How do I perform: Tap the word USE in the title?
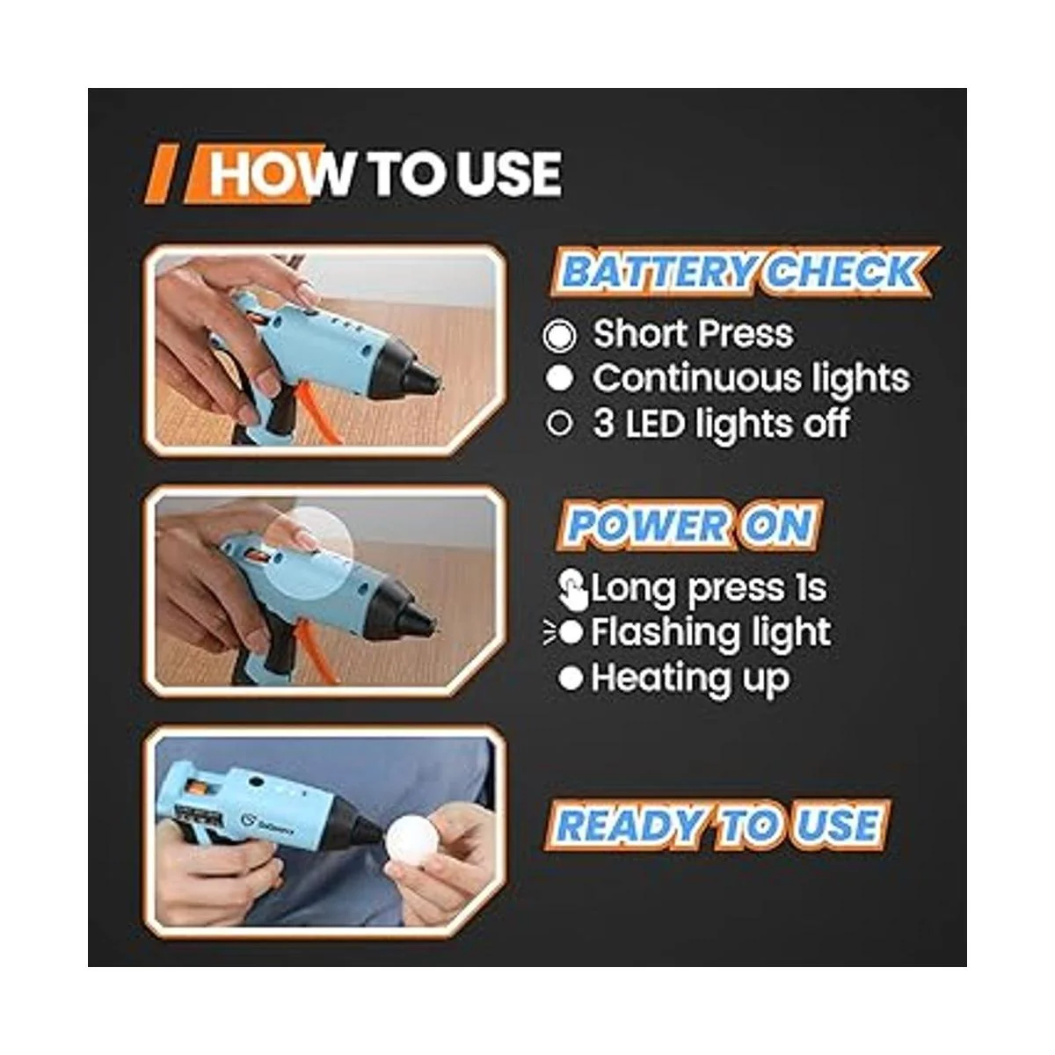pyautogui.click(x=509, y=173)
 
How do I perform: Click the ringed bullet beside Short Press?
pyautogui.click(x=559, y=335)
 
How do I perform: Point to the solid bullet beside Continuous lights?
pyautogui.click(x=559, y=379)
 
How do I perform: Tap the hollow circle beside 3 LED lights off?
pyautogui.click(x=559, y=424)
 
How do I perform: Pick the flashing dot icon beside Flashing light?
pyautogui.click(x=564, y=633)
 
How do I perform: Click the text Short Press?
pyautogui.click(x=693, y=334)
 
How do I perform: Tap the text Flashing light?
pyautogui.click(x=710, y=633)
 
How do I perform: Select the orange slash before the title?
pyautogui.click(x=162, y=175)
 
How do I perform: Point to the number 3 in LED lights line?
pyautogui.click(x=604, y=424)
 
